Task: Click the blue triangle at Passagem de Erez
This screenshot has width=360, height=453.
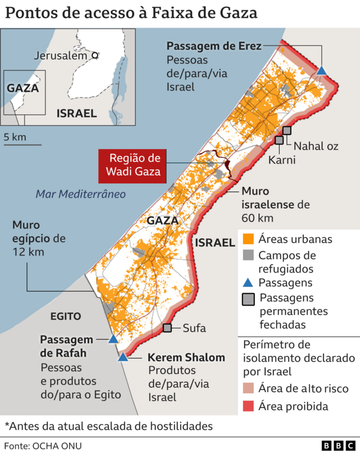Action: [322, 71]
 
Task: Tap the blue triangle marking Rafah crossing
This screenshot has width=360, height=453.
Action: [113, 339]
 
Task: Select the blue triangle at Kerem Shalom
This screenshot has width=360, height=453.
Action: [123, 357]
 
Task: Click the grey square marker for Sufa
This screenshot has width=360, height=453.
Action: [167, 328]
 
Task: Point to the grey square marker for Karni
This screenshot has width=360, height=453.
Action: [279, 140]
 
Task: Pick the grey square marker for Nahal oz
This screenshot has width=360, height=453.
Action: [287, 131]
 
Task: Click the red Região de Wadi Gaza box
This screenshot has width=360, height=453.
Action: [134, 166]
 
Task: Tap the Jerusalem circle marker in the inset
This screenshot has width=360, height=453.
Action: [96, 56]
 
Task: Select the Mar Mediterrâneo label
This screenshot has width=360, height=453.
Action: [80, 194]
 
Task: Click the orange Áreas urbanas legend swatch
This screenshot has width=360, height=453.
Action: [247, 239]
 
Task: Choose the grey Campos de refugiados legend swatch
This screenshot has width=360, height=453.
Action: [247, 255]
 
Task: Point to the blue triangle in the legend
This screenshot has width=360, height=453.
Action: [247, 282]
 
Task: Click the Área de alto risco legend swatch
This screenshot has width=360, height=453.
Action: [247, 388]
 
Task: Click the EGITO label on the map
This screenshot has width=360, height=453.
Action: [66, 316]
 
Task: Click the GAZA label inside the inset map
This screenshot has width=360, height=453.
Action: [22, 88]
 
